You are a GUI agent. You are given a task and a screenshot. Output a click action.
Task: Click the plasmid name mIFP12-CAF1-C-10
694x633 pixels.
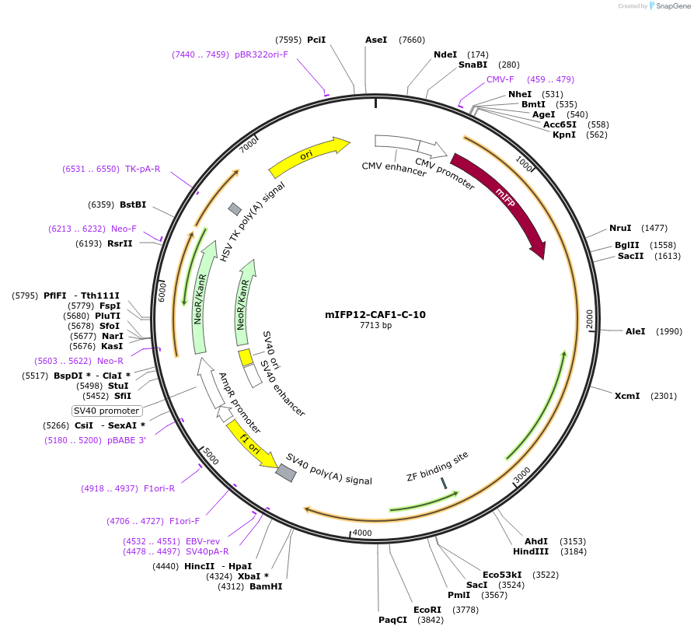(375, 315)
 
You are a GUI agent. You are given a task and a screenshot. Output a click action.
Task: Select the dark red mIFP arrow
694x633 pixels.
(500, 202)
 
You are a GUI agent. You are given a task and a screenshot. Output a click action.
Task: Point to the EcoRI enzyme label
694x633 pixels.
(427, 609)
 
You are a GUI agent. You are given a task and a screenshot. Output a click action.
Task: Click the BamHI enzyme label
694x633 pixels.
(266, 586)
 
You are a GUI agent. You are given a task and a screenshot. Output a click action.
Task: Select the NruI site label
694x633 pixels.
(620, 228)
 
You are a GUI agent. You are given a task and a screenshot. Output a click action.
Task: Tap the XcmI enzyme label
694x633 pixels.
(627, 396)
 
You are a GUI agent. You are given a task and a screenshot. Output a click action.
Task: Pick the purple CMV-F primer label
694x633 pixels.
(500, 79)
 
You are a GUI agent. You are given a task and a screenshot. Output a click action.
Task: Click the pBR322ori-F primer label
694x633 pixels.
(261, 54)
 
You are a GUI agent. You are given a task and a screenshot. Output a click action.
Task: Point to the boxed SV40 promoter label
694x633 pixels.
(106, 411)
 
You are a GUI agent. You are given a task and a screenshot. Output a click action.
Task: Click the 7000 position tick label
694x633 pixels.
(248, 145)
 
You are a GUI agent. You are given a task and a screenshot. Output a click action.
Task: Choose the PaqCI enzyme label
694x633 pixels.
(392, 620)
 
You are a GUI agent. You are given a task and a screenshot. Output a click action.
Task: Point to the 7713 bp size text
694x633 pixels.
(375, 326)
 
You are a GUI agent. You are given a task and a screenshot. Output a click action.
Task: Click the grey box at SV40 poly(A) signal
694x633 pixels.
(286, 473)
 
